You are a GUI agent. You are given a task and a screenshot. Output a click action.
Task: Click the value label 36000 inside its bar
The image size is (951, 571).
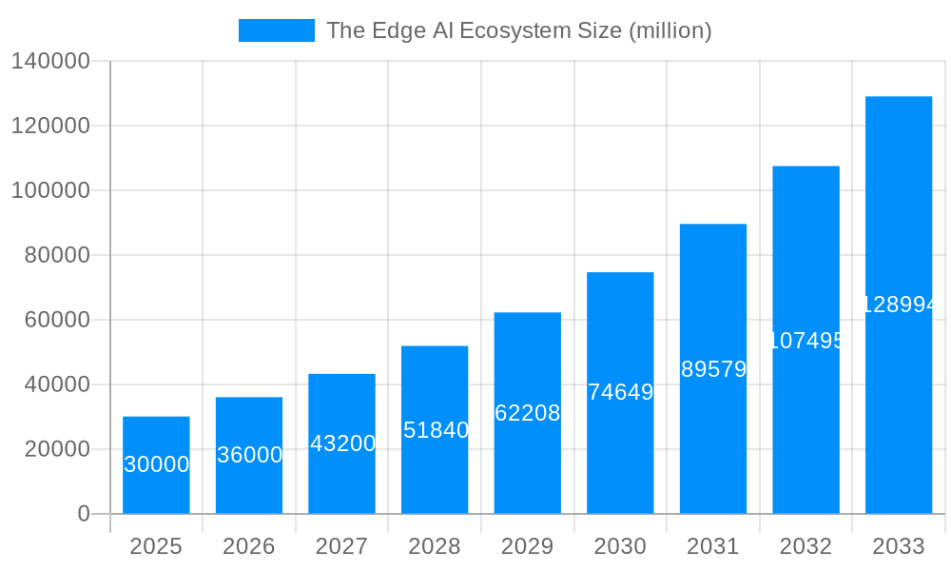click(249, 455)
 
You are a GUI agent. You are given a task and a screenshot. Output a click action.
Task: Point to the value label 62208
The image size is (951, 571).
click(528, 413)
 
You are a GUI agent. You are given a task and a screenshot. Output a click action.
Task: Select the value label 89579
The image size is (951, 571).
click(713, 369)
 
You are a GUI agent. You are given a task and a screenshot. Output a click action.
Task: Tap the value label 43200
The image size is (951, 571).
click(342, 443)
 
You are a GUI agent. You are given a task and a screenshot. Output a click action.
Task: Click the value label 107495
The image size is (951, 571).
click(806, 341)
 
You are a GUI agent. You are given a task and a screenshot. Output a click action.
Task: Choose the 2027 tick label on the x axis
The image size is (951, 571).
click(341, 546)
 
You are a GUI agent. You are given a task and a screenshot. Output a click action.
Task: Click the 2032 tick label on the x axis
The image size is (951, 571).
click(805, 546)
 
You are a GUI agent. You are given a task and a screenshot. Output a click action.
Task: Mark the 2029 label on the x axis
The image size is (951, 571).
click(527, 546)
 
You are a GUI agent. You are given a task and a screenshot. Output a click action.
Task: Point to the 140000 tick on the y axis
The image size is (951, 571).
click(49, 62)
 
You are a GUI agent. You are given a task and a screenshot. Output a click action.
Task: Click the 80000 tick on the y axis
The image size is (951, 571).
click(56, 255)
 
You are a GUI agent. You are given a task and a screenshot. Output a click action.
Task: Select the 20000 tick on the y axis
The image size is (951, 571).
click(56, 449)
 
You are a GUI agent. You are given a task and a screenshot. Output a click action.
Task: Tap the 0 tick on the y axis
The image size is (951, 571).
click(83, 514)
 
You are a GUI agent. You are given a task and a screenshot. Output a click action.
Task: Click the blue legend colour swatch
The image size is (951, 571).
click(276, 30)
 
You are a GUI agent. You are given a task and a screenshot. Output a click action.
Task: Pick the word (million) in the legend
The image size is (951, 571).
click(670, 30)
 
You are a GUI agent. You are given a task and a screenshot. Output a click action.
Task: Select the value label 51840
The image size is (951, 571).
click(436, 430)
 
